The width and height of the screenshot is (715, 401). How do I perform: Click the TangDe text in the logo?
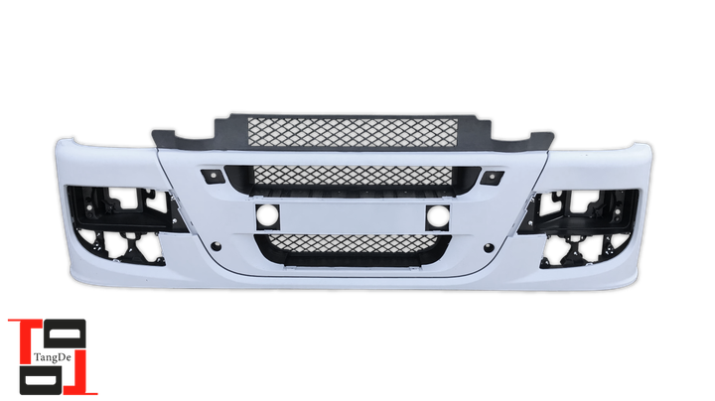point(53,357)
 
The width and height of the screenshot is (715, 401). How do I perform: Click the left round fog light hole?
point(268,216)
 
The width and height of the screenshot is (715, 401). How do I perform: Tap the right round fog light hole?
point(438,217)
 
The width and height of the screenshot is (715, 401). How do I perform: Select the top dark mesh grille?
point(353,132)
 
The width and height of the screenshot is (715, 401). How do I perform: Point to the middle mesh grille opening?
point(353,176)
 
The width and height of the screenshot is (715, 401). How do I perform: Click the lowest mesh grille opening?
point(354,244)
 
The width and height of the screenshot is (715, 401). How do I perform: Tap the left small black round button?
point(215,246)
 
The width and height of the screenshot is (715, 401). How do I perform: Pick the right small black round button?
point(489,248)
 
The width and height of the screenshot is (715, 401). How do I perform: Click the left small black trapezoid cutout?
point(213,176)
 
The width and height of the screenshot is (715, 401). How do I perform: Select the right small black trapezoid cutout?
point(492,178)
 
